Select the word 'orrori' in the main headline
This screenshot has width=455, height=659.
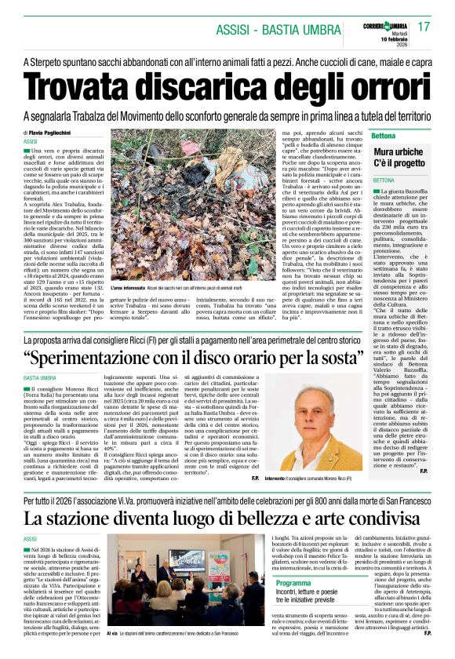[392, 86]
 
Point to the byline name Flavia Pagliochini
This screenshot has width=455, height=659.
[60, 133]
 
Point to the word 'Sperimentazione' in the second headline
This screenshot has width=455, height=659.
[119, 359]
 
